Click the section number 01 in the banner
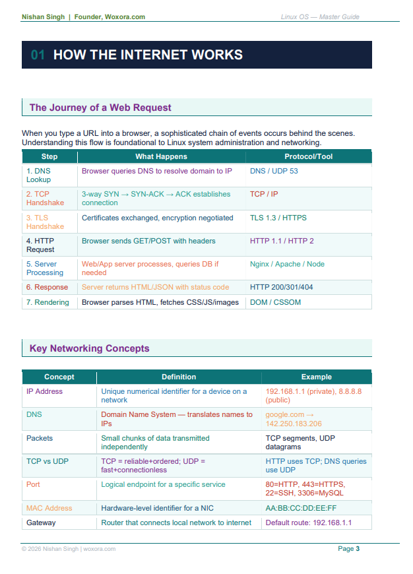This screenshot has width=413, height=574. pos(38,55)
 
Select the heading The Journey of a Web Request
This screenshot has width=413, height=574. pos(100,108)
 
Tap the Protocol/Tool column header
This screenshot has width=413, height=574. pos(308,156)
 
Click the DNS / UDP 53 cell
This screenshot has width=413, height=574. pos(274,171)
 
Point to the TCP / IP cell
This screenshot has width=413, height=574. pos(264,194)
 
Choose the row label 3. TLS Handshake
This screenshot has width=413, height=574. pos(45,222)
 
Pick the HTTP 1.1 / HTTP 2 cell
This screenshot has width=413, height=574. pos(282,241)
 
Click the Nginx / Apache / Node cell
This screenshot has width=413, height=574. pos(287,264)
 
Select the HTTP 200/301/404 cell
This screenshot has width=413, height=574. pos(281,287)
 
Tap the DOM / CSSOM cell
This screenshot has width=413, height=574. pos(275,302)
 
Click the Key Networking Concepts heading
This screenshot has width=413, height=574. pos(89,348)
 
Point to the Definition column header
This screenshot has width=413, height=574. pos(179,377)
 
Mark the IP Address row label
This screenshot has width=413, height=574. pos(44,391)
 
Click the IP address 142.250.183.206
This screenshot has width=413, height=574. pos(294,424)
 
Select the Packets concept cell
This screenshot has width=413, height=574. pos(40,438)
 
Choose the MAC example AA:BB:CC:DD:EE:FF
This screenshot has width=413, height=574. pos(301,508)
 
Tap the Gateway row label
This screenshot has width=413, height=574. pos(41,523)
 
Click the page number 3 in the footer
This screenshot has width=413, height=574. pos(358,549)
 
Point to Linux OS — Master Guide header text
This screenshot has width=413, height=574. pos(320,17)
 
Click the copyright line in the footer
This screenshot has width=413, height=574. pos(69,549)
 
